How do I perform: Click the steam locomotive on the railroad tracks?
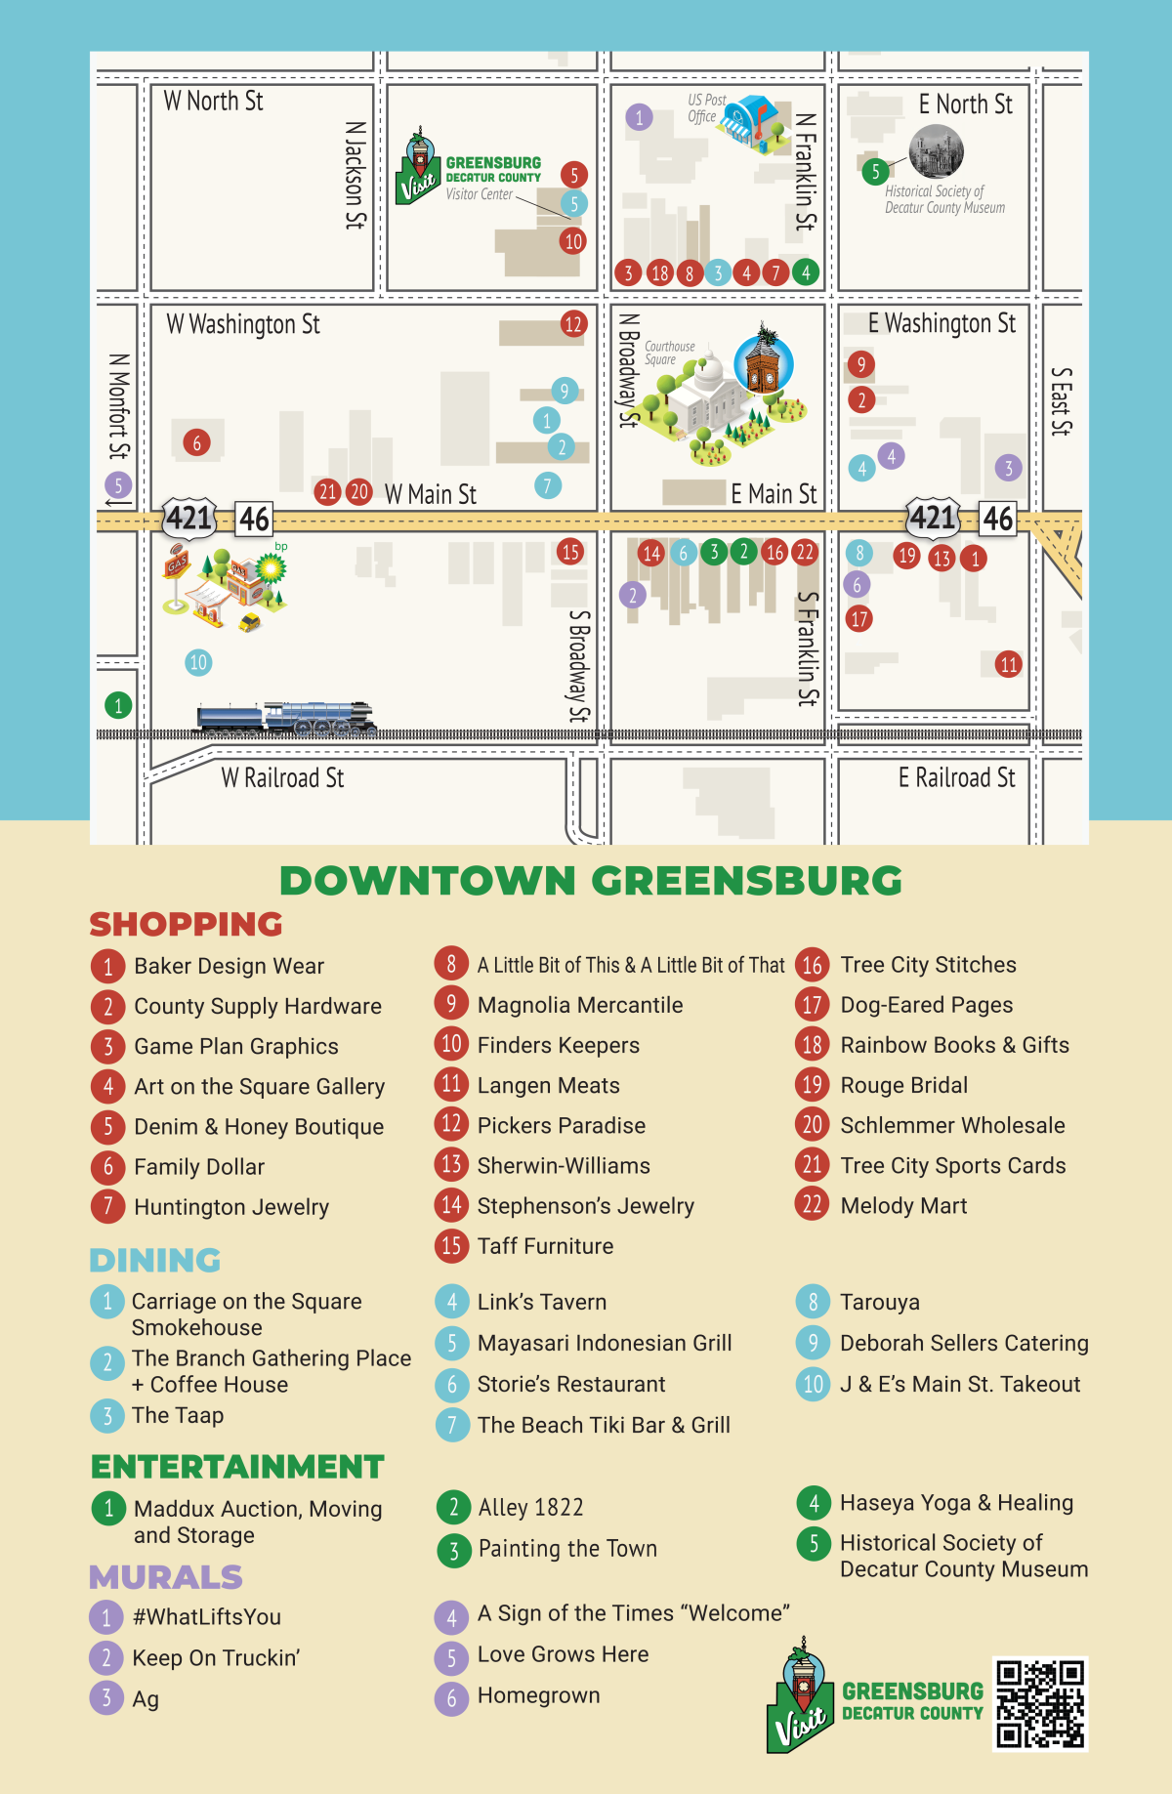coord(285,718)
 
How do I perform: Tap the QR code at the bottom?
coord(1040,1703)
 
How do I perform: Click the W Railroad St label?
coord(282,778)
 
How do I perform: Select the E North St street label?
coord(965,104)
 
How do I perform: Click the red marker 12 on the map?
coord(573,324)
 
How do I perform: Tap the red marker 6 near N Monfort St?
coord(196,443)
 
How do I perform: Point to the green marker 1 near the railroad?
coord(118,705)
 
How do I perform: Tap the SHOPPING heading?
coord(186,924)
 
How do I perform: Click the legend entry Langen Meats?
coord(548,1086)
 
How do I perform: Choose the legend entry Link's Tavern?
coord(541,1302)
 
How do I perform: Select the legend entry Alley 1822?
coord(530,1508)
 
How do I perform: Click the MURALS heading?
coord(165,1577)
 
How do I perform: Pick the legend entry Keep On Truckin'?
coord(215,1658)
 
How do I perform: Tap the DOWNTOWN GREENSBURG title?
coord(590,881)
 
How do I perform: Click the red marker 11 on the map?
coord(1008,665)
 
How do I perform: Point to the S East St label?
coord(1061,401)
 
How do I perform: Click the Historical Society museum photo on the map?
coord(936,151)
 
